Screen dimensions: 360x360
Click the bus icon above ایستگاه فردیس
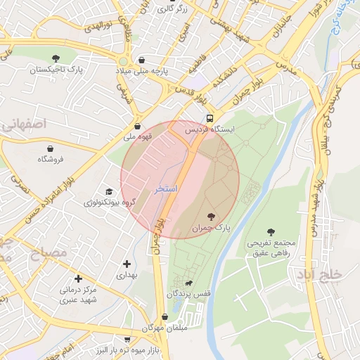[x=209, y=118]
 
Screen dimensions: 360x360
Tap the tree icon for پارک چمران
[x=211, y=216]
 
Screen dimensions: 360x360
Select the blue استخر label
[x=165, y=190]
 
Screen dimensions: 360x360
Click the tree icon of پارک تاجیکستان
[x=56, y=58]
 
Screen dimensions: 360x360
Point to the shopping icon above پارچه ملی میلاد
[x=143, y=60]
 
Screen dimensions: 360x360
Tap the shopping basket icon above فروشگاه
[x=51, y=148]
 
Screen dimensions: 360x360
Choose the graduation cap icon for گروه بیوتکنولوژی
[x=108, y=191]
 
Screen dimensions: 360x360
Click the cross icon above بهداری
[x=127, y=264]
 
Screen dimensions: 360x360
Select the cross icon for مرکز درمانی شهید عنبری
[x=77, y=278]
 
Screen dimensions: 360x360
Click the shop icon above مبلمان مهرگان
[x=165, y=316]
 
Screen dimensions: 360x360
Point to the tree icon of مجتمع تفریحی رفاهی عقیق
[x=271, y=231]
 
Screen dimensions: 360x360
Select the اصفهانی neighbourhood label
[x=25, y=124]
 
